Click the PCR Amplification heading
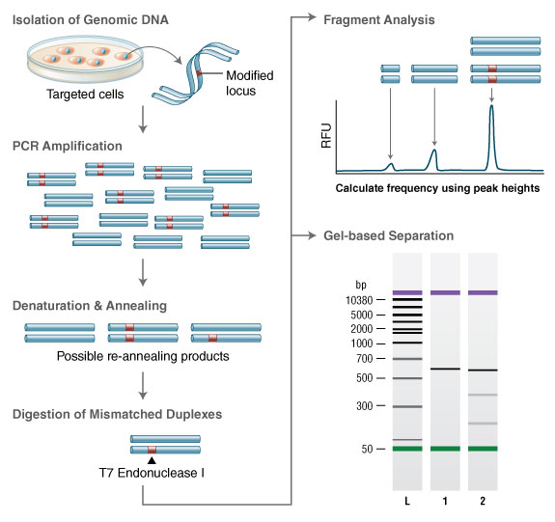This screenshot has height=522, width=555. (x=69, y=147)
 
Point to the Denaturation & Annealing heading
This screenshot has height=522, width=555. (x=90, y=306)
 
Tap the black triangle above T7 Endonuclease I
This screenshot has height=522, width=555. (x=152, y=459)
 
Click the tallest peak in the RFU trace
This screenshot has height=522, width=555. (x=492, y=108)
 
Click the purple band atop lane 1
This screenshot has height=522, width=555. (x=444, y=292)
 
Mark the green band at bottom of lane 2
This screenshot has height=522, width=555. (x=482, y=449)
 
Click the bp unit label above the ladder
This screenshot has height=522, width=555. (x=361, y=285)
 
